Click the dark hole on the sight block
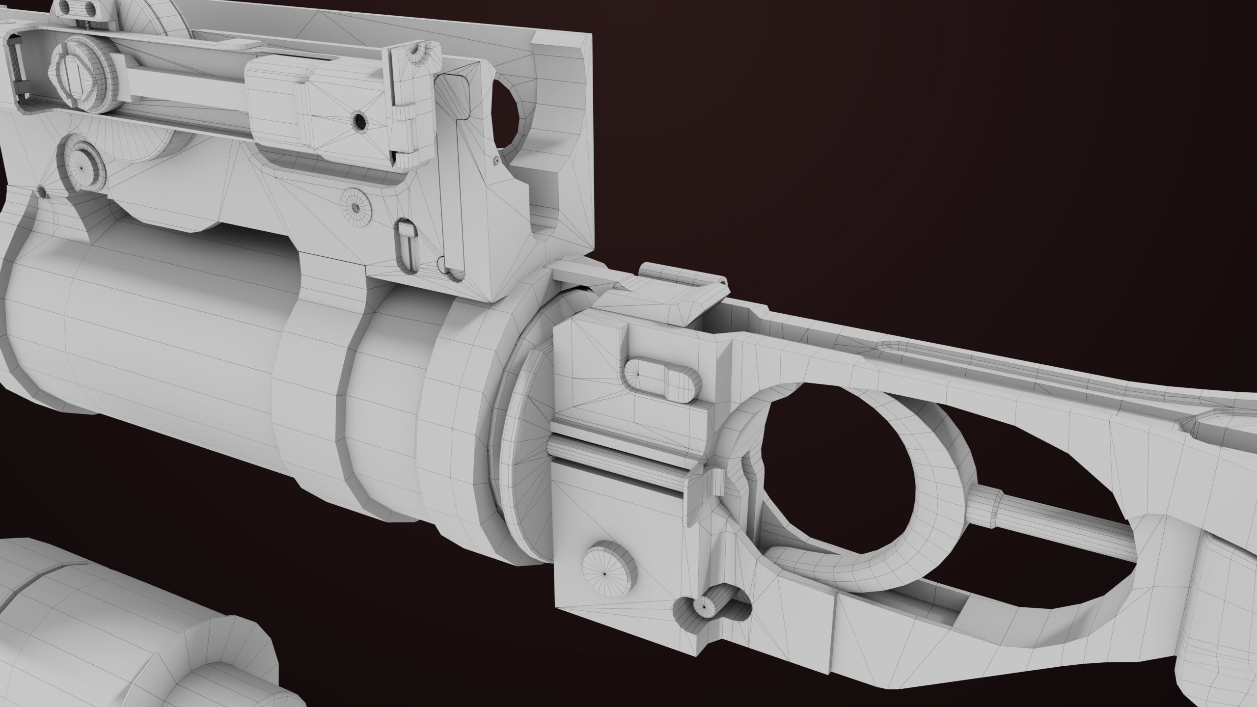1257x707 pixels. [360, 121]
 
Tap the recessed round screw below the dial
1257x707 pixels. [82, 166]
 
